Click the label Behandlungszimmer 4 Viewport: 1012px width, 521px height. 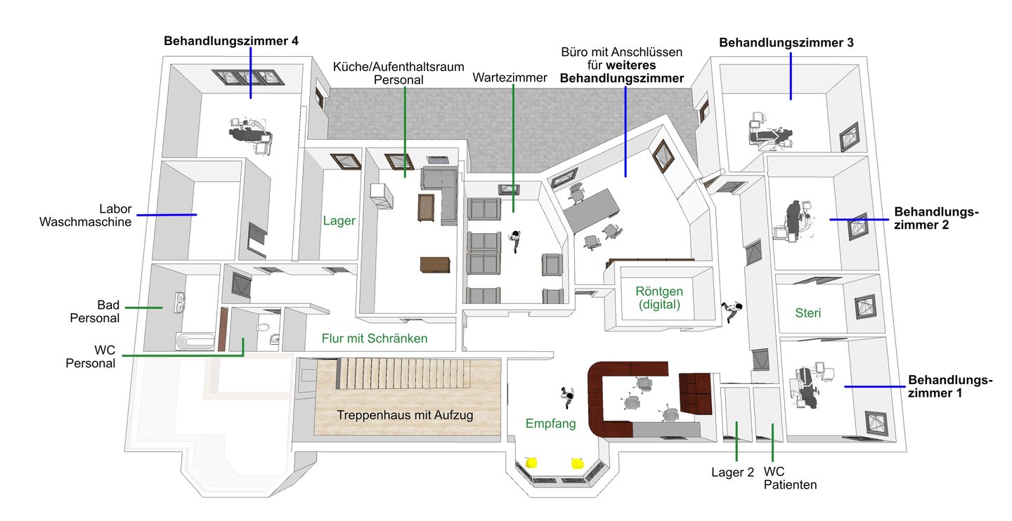(x=231, y=41)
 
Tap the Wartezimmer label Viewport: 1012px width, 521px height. (x=510, y=77)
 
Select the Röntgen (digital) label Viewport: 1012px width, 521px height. (x=659, y=298)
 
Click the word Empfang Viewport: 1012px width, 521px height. (x=551, y=423)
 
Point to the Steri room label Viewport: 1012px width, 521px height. (x=808, y=312)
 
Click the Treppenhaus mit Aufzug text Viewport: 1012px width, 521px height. (x=405, y=415)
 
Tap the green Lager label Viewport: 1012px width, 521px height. (x=339, y=220)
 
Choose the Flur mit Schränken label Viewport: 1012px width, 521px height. (x=375, y=338)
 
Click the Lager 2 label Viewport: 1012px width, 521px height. (x=732, y=472)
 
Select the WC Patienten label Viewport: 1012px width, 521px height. (x=790, y=477)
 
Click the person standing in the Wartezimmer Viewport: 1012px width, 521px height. (x=517, y=241)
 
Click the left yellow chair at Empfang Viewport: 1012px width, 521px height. (x=532, y=462)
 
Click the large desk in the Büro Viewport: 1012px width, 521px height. (x=593, y=210)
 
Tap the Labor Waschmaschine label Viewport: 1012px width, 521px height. (x=86, y=216)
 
